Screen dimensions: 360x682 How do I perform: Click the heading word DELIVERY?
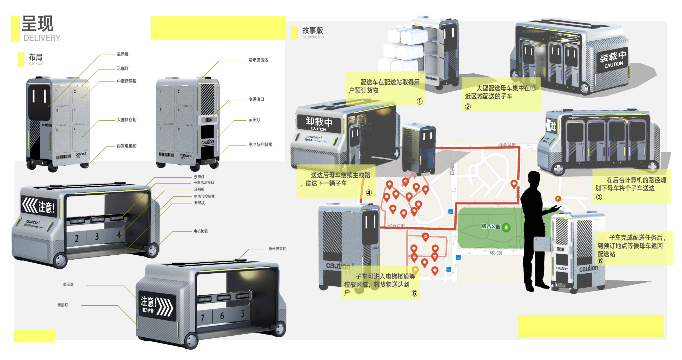(x=42, y=38)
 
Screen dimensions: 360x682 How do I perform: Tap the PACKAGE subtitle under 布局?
(x=36, y=64)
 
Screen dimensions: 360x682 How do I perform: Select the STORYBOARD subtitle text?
(x=313, y=37)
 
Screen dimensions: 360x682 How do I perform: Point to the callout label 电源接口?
(x=256, y=99)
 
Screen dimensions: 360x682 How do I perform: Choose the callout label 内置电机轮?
(x=126, y=146)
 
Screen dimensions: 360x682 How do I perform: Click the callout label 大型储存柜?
(x=126, y=120)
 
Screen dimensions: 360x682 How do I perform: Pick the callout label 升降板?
(x=199, y=203)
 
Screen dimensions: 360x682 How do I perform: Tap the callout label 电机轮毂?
(x=201, y=231)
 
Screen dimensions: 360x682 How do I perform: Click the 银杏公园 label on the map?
(x=491, y=226)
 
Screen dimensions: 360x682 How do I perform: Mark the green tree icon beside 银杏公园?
(x=506, y=227)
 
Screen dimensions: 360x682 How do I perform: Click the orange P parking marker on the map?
(x=558, y=198)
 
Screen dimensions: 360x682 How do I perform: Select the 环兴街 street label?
(x=496, y=253)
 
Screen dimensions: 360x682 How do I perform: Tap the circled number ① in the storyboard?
(x=419, y=101)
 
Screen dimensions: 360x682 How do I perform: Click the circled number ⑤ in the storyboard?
(x=414, y=293)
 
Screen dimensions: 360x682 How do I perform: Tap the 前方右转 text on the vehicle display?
(x=148, y=310)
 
